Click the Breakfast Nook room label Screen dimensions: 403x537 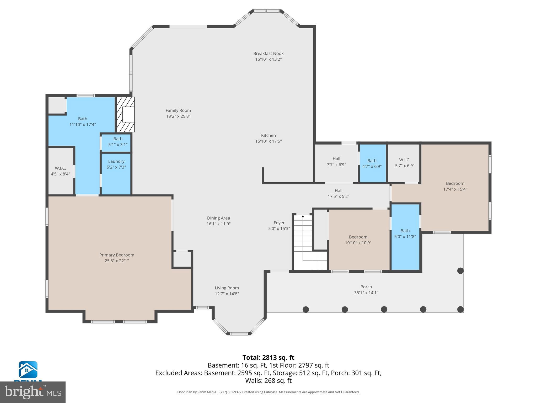[268, 54]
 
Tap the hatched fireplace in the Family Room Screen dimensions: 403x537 [125, 114]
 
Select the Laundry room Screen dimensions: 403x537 [116, 164]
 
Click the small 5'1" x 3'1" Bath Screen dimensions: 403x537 [118, 142]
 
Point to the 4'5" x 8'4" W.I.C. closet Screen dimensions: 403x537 [60, 171]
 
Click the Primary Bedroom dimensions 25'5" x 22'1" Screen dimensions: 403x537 [117, 261]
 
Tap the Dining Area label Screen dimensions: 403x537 [218, 218]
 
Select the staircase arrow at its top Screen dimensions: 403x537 [303, 216]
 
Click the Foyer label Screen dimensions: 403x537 [279, 223]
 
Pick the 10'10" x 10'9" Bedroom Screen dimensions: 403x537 [358, 240]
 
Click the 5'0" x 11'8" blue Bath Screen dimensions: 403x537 [405, 234]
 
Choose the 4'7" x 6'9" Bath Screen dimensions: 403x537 [372, 163]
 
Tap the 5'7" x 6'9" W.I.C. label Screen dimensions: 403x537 [405, 160]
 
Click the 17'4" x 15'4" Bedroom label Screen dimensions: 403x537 [455, 183]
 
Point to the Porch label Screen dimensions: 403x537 [366, 287]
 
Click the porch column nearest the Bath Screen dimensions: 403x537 [460, 271]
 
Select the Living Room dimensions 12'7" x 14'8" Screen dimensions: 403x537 [227, 294]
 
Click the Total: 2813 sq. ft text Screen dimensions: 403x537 [268, 358]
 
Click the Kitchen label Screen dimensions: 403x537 [268, 135]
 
